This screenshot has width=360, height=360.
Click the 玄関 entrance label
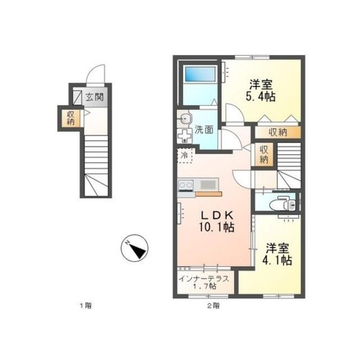click(x=94, y=97)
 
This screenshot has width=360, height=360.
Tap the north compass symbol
click(x=134, y=248)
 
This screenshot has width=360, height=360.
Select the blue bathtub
click(x=200, y=74)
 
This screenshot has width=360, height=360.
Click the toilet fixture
click(x=283, y=203)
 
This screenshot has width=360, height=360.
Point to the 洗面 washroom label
click(x=204, y=130)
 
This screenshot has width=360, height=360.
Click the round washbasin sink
click(x=185, y=119)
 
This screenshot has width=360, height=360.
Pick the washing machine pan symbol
click(x=184, y=136)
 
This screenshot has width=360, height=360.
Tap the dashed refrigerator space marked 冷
click(x=185, y=155)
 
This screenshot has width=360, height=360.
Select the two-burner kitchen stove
click(x=186, y=185)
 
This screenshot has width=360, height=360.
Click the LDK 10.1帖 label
click(x=217, y=221)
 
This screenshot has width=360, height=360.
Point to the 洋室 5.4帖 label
click(x=261, y=91)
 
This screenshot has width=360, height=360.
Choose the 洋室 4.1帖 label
click(x=277, y=254)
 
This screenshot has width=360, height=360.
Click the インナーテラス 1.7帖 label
click(x=204, y=282)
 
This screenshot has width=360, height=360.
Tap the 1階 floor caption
click(x=85, y=306)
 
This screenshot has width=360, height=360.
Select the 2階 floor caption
click(x=214, y=306)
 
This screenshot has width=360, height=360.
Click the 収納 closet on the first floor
click(x=71, y=118)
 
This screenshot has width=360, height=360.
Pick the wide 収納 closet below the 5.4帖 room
click(x=278, y=133)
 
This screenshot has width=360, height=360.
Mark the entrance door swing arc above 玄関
click(x=96, y=74)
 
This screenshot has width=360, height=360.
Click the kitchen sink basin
click(x=208, y=184)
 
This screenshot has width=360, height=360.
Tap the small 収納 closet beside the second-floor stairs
click(x=264, y=155)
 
